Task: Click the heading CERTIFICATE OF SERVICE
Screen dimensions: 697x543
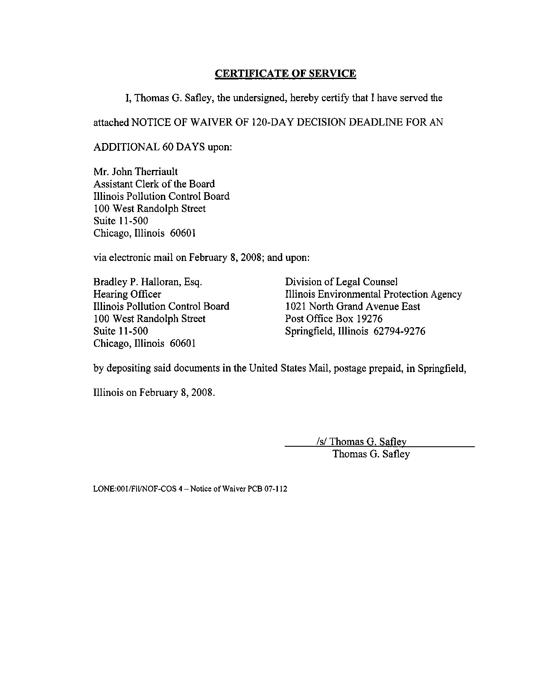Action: coord(285,73)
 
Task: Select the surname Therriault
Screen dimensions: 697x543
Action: coord(156,172)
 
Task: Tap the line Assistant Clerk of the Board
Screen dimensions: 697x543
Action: coord(154,184)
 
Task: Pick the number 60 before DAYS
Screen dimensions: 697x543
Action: coord(167,147)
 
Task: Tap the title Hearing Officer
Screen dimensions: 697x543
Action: coord(127,294)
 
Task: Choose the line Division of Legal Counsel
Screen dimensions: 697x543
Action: coord(341,282)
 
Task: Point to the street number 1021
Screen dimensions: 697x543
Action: coord(295,307)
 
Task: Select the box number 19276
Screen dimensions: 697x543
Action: coord(369,319)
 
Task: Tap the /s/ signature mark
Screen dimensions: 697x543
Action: coord(322,442)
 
